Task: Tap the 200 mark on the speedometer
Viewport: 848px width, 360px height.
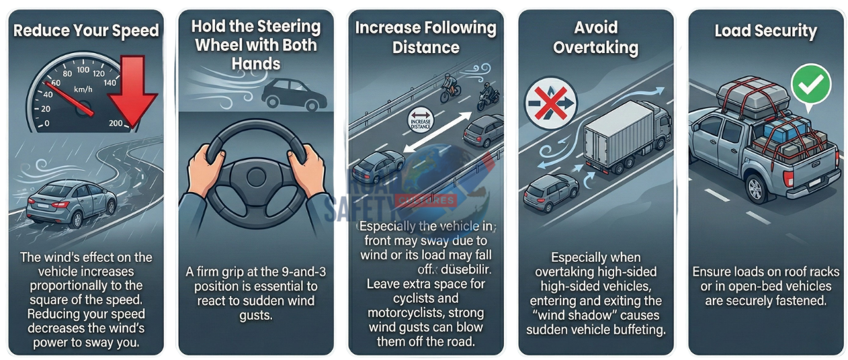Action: (116, 123)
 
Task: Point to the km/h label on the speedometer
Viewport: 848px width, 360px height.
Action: (83, 90)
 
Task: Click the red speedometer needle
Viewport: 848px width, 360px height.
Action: (69, 99)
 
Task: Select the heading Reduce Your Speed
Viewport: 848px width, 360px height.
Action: (86, 31)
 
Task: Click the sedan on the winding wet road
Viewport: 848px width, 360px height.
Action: (71, 204)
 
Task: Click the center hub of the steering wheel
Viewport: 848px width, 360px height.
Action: (256, 177)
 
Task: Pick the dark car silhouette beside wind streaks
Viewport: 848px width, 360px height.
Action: (294, 95)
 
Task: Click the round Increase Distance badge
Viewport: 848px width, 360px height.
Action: (421, 121)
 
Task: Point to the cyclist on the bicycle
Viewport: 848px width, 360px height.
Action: (450, 88)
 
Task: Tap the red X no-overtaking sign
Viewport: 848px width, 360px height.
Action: (551, 103)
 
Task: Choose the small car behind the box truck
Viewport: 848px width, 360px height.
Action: (551, 192)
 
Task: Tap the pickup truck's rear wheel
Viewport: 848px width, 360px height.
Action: (757, 188)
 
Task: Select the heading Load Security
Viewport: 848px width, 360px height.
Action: (765, 31)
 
